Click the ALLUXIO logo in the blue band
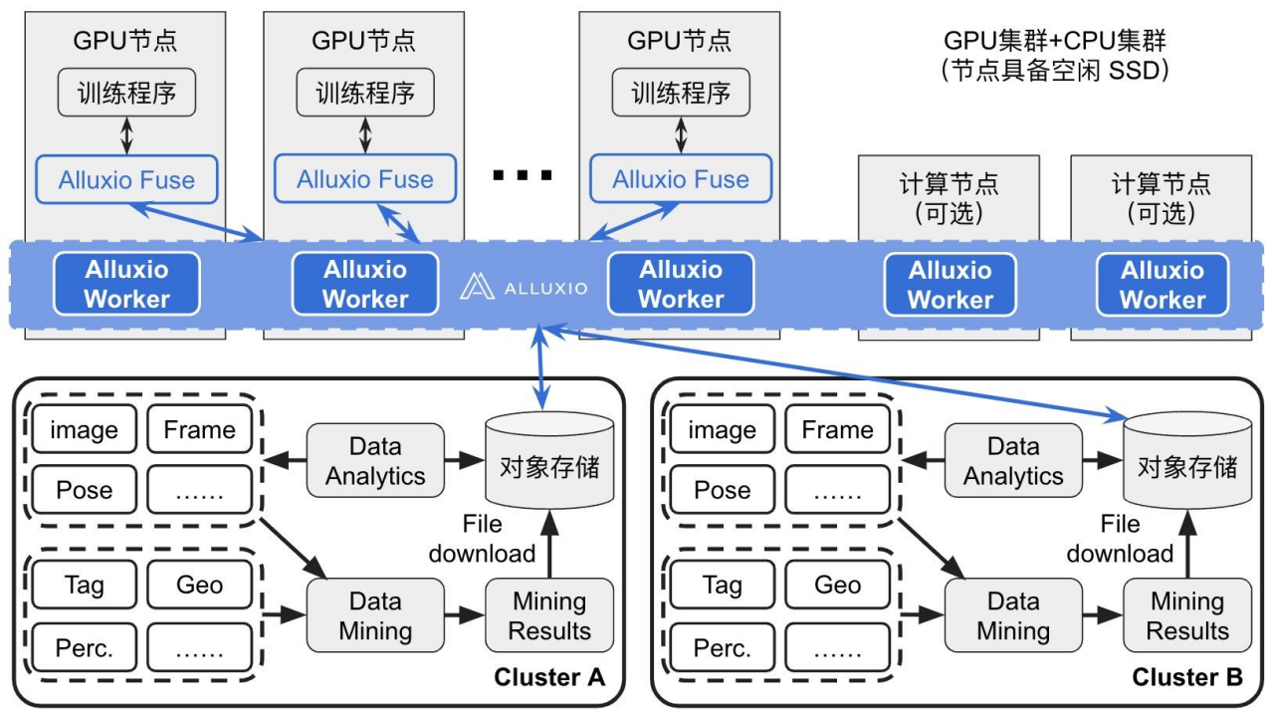point(524,288)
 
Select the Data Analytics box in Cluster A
point(374,461)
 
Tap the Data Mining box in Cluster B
point(1012,615)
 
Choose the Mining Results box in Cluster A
point(548,615)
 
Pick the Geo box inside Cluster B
point(837,585)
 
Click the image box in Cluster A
point(84,430)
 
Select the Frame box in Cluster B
point(837,430)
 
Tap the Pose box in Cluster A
point(84,490)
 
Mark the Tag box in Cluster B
point(722,585)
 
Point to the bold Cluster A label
point(549,678)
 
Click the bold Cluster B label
point(1187,678)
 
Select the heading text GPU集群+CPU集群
point(1055,41)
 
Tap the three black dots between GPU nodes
point(523,176)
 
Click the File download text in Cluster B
point(1120,539)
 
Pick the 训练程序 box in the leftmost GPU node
point(126,93)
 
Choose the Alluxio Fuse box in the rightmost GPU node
point(681,179)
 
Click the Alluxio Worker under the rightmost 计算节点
point(1162,285)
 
